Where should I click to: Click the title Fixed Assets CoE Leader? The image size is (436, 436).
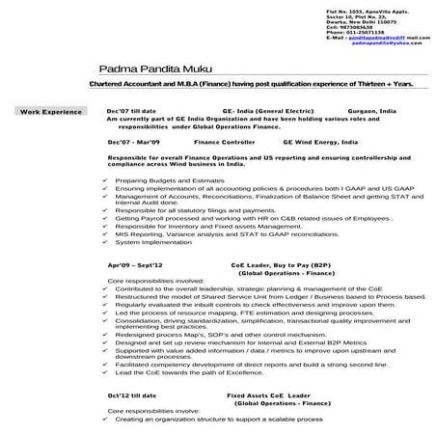tap(269, 396)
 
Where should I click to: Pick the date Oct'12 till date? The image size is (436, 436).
tap(132, 396)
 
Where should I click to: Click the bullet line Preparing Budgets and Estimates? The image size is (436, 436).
tap(163, 180)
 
